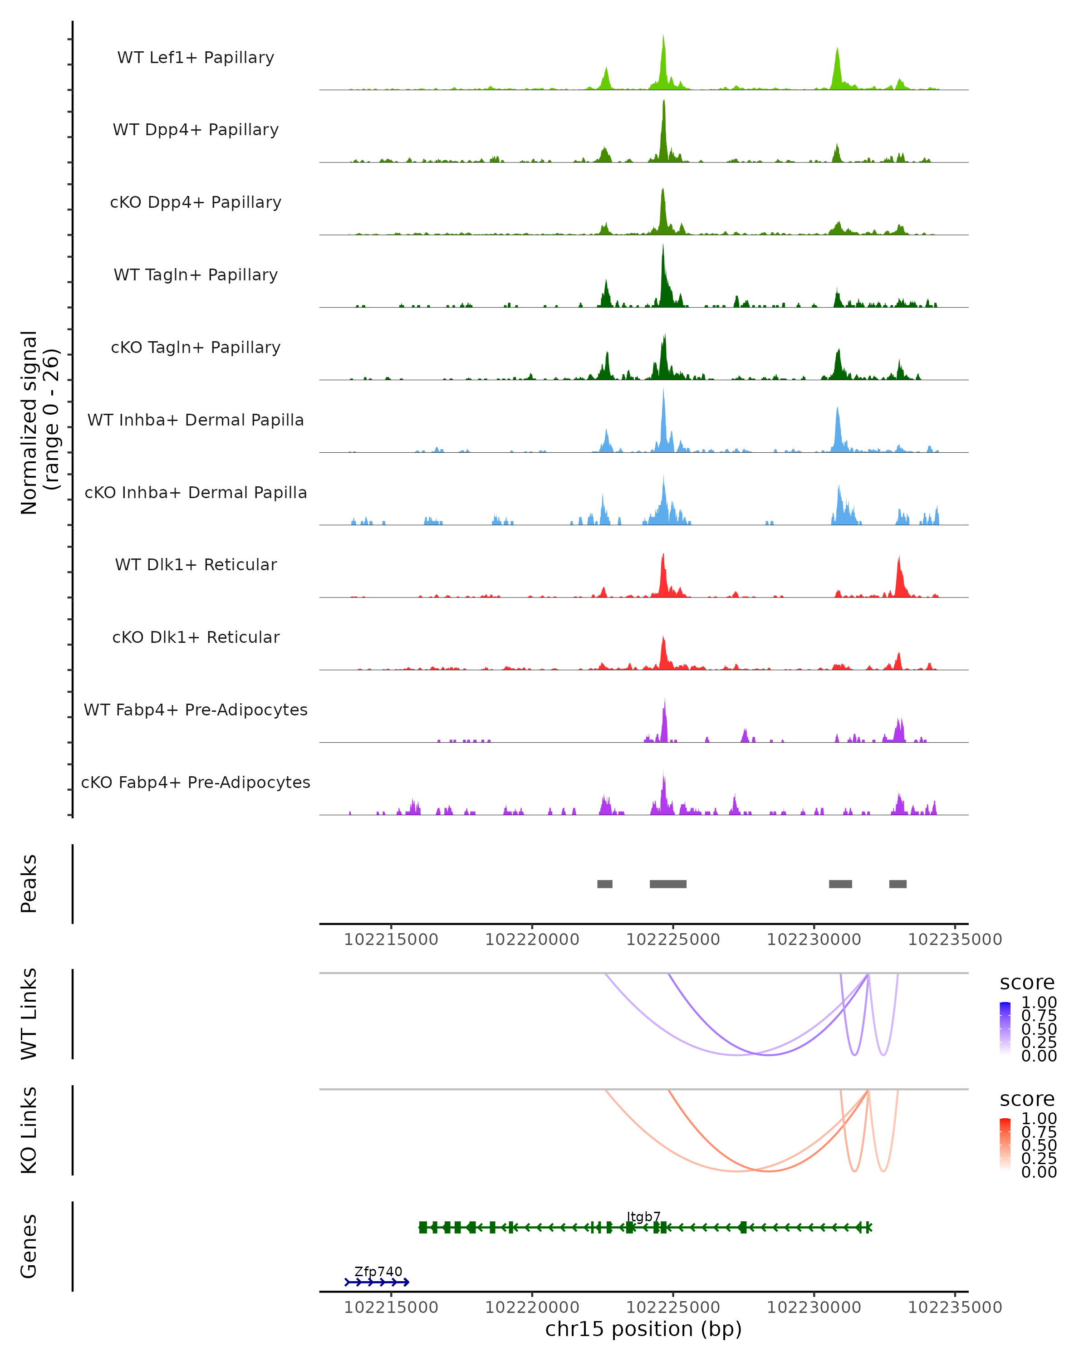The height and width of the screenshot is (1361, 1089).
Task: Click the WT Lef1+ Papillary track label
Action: click(x=196, y=58)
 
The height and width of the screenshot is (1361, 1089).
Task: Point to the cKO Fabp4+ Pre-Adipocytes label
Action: click(x=196, y=782)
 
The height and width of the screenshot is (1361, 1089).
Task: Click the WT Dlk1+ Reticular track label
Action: click(x=196, y=564)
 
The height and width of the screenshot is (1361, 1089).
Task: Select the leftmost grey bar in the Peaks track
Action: click(x=605, y=884)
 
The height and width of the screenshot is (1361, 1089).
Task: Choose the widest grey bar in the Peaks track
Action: click(x=668, y=884)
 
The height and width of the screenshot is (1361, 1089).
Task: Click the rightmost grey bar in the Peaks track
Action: click(x=898, y=884)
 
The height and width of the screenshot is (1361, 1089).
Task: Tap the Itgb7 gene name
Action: click(x=643, y=1217)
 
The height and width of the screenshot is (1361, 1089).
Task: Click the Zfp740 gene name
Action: click(x=378, y=1271)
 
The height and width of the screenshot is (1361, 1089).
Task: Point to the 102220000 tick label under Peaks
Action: click(x=532, y=940)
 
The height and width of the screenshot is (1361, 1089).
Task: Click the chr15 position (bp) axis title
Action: click(x=643, y=1329)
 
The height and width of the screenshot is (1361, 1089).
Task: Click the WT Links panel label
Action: click(x=29, y=1014)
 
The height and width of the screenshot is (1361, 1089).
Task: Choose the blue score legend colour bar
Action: click(x=1005, y=1028)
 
